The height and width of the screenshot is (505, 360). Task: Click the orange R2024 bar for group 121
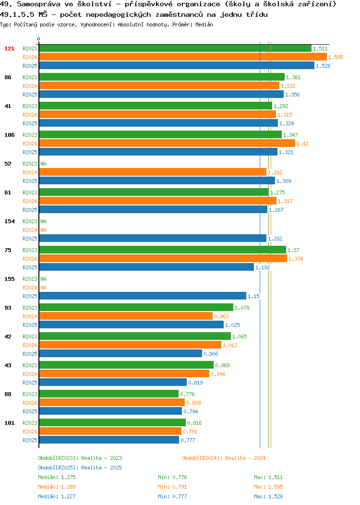(x=183, y=57)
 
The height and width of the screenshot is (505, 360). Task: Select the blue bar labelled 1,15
(x=143, y=296)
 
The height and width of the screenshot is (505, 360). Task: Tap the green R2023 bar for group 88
(x=109, y=394)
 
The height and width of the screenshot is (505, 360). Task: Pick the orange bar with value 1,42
(x=167, y=144)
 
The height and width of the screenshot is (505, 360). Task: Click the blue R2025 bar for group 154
(x=153, y=238)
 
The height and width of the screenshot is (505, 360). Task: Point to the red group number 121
(x=9, y=48)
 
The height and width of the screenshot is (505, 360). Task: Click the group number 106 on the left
(x=9, y=135)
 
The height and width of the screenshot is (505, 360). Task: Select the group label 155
(x=9, y=279)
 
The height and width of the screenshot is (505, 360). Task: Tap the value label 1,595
(x=336, y=57)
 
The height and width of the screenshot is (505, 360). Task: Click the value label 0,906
(x=211, y=354)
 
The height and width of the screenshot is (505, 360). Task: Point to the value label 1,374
(x=296, y=259)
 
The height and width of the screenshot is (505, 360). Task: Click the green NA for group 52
(x=44, y=164)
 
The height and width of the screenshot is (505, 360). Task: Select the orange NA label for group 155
(x=44, y=288)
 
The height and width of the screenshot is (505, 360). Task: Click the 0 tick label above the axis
(x=39, y=39)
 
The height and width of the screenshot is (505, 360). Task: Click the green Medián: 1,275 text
(x=57, y=477)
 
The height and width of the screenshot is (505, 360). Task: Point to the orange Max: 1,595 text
(x=268, y=487)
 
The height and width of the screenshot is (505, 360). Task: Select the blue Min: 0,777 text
(x=172, y=497)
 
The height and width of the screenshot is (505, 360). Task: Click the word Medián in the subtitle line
(x=204, y=24)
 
